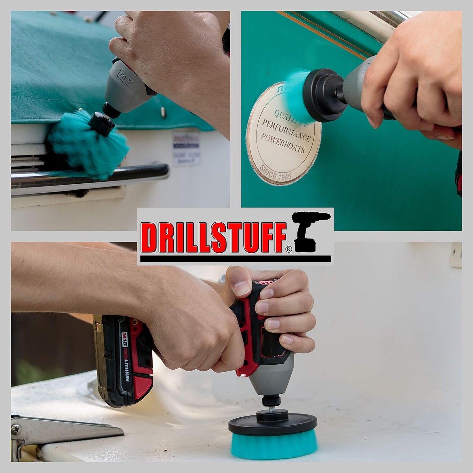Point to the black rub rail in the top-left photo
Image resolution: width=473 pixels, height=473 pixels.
coord(98,175)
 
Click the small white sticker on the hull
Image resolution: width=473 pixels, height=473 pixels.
coord(186,149)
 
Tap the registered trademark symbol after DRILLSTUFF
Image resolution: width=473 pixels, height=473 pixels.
coord(288,249)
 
